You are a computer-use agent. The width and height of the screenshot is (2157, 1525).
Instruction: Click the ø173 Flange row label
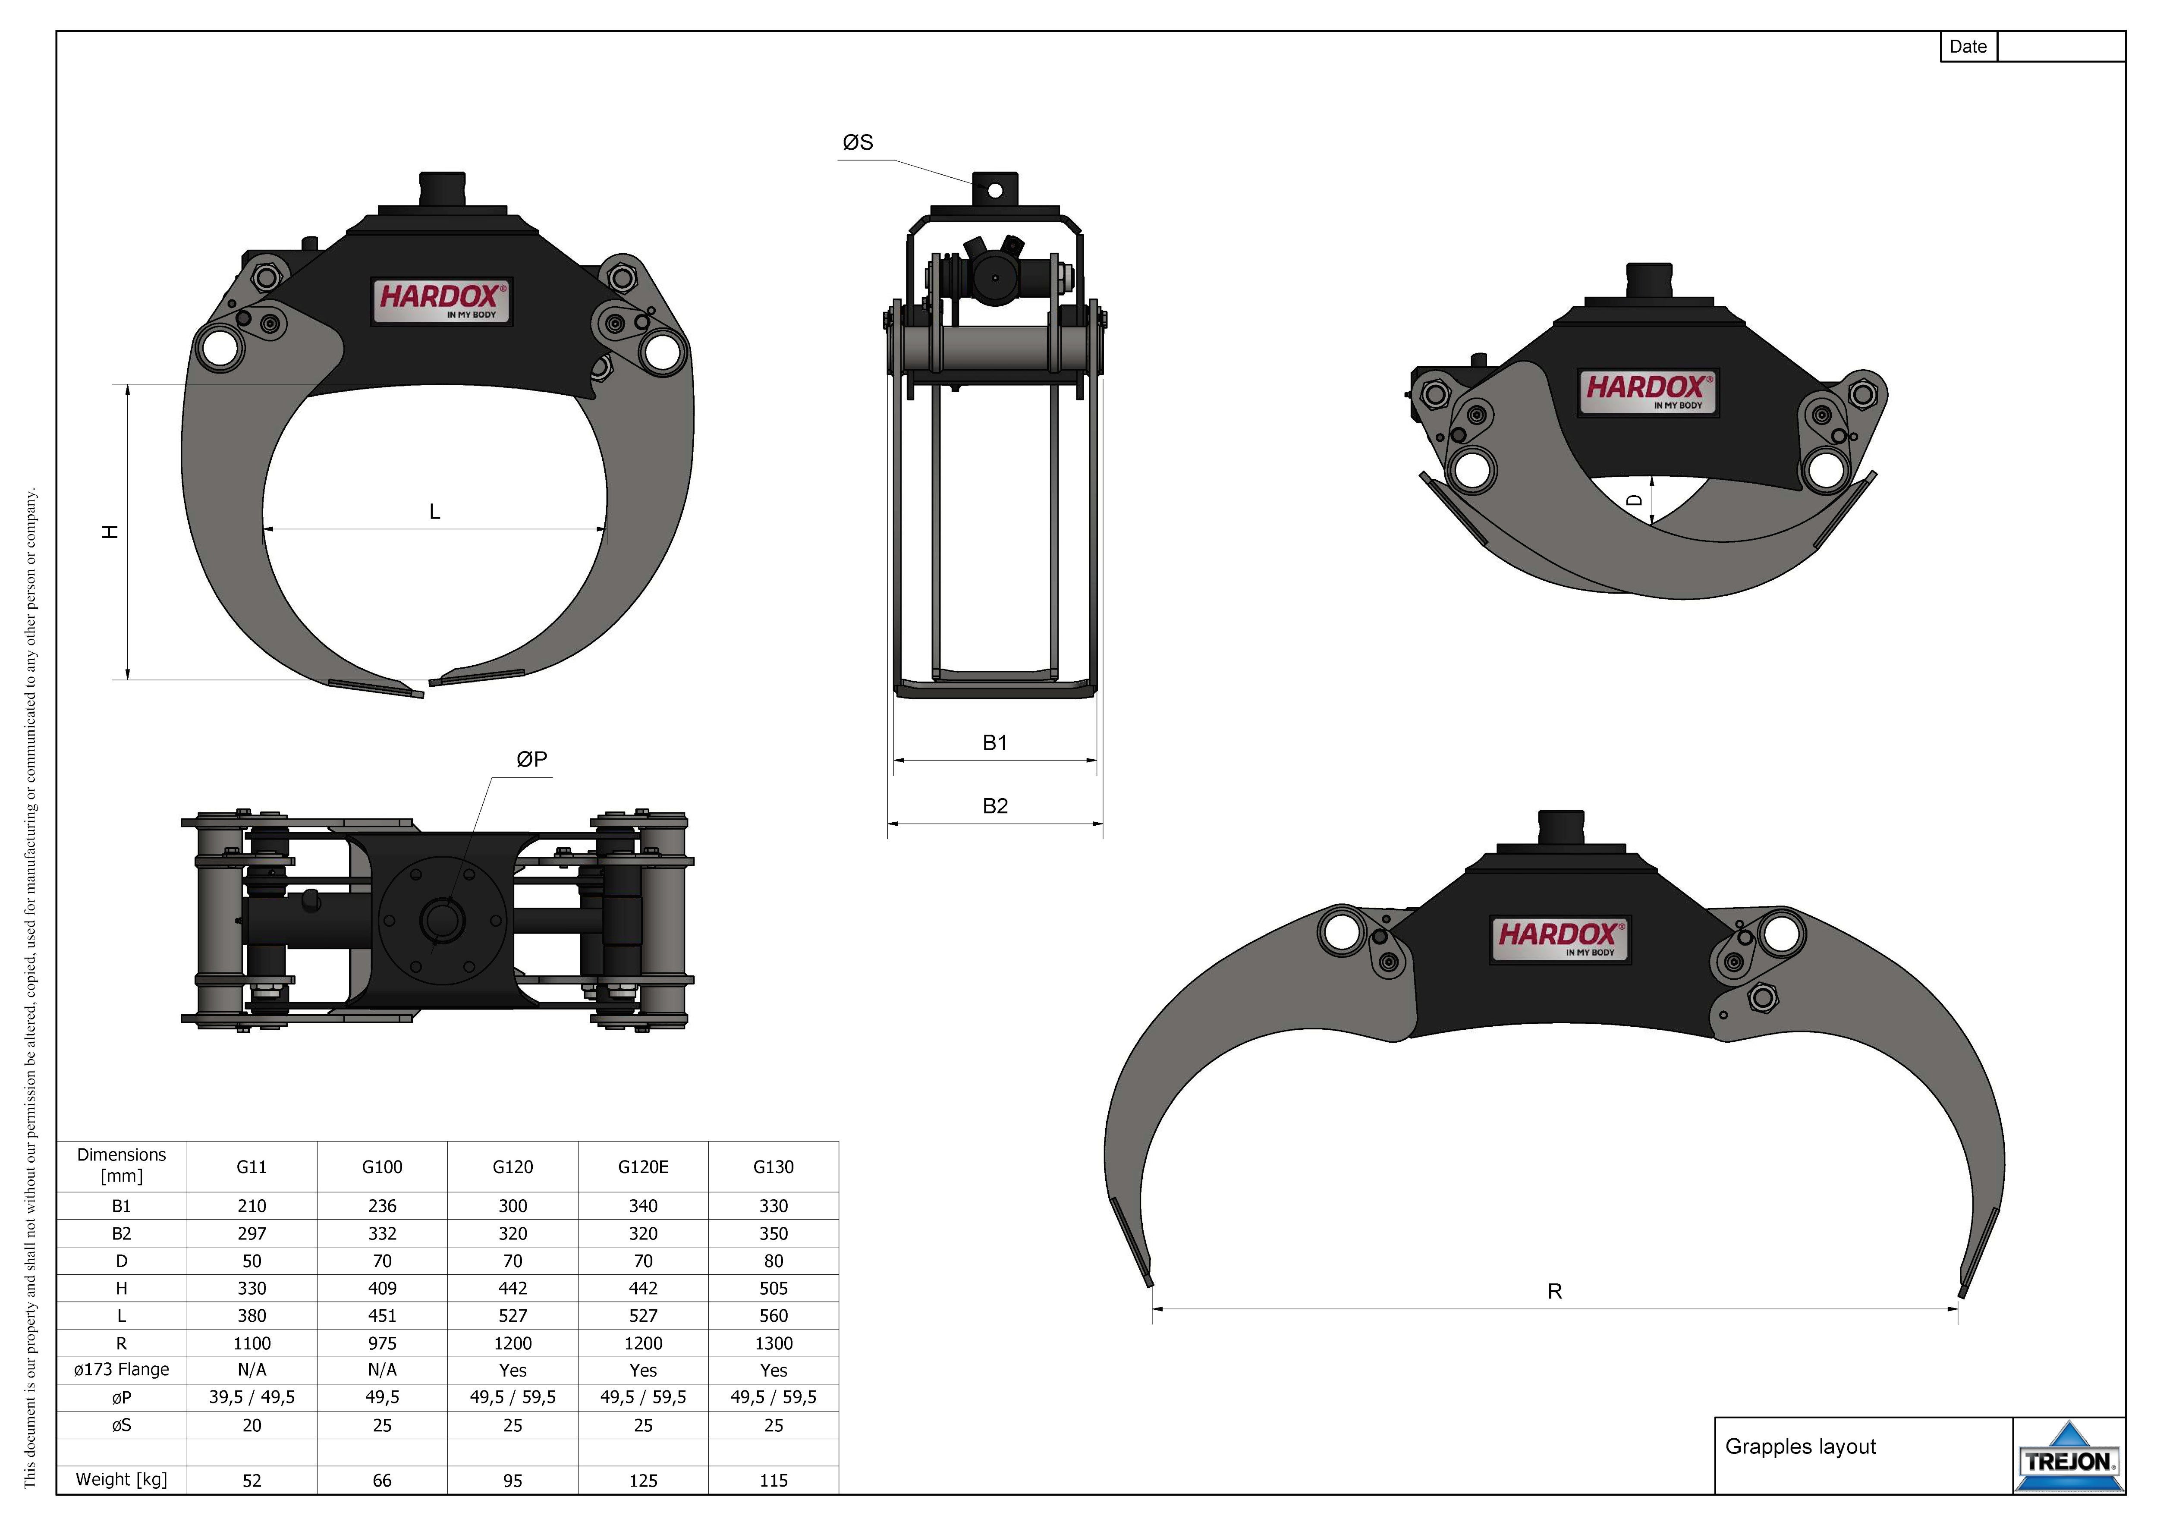121,1370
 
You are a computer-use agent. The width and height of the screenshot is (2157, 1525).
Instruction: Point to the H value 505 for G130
773,1288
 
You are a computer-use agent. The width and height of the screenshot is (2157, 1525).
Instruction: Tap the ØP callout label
532,759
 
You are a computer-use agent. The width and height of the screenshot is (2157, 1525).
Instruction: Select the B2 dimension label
995,806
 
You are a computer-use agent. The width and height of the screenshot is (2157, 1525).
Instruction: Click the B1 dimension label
995,743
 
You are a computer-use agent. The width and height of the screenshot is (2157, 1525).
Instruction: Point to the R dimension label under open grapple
1555,1292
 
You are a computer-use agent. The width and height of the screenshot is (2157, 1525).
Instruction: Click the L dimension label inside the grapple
434,512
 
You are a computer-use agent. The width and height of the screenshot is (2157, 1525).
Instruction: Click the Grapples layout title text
1800,1447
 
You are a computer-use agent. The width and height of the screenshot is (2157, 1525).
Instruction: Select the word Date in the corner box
1968,47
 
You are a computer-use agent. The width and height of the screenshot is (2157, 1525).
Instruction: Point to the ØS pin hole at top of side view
995,191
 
